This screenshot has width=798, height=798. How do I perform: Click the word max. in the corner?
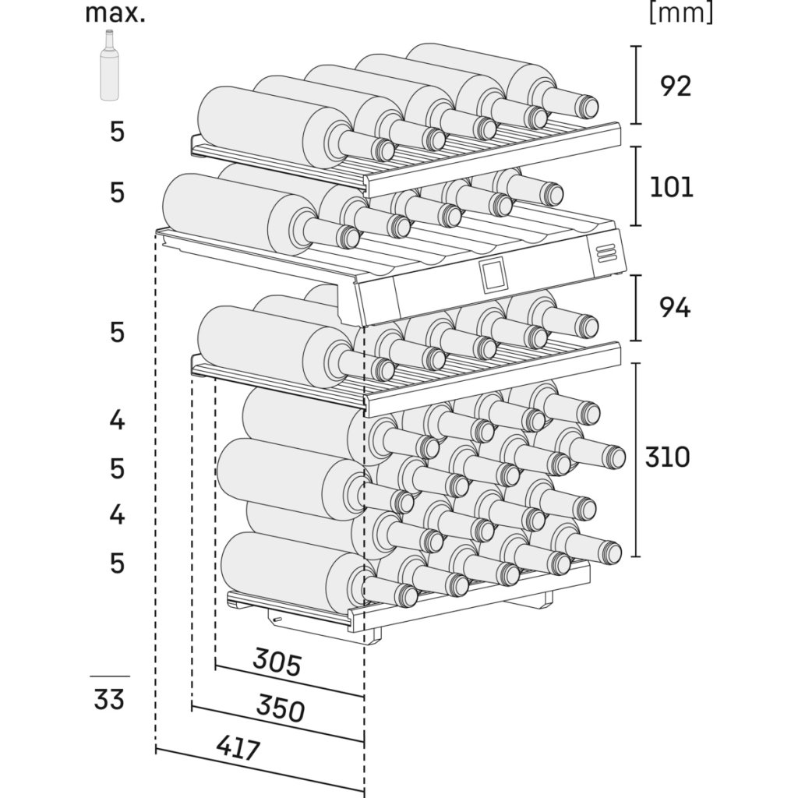click(115, 13)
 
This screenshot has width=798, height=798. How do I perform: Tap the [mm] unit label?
click(681, 12)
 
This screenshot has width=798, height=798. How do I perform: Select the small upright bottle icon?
click(109, 65)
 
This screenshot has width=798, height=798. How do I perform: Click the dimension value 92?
click(676, 86)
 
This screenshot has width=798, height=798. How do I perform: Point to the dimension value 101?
click(672, 187)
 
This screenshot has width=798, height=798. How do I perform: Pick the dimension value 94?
click(675, 307)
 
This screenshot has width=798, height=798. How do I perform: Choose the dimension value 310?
click(668, 457)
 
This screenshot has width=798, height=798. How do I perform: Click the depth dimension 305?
click(277, 662)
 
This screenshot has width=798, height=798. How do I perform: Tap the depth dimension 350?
click(281, 708)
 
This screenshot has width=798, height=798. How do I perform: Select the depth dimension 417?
click(238, 748)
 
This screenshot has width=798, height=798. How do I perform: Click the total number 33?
click(109, 699)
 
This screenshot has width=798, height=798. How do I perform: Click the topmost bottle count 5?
click(117, 132)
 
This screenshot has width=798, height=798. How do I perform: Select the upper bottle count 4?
click(117, 420)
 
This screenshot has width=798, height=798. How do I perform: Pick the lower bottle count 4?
click(117, 514)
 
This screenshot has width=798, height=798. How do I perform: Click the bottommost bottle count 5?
click(117, 563)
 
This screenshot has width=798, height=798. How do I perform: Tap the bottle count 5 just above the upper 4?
click(117, 332)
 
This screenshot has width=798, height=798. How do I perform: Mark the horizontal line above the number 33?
click(110, 676)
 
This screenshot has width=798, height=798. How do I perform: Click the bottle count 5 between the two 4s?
click(117, 468)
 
